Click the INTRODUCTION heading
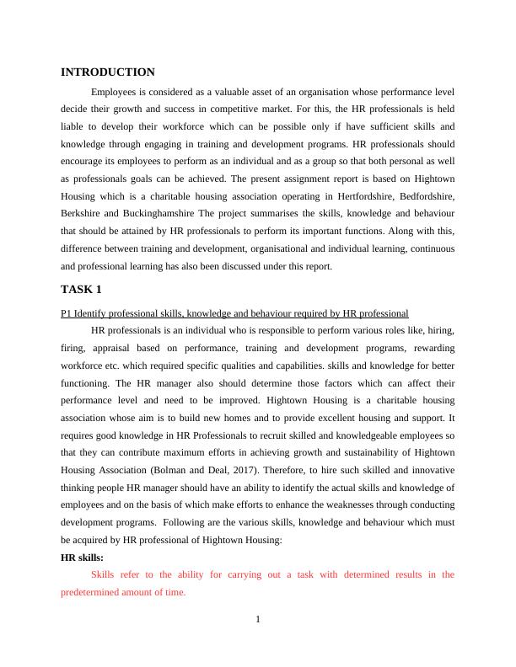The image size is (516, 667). click(x=108, y=72)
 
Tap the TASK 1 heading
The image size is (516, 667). click(x=81, y=290)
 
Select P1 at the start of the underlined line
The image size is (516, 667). click(x=67, y=312)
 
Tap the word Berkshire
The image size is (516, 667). click(x=83, y=214)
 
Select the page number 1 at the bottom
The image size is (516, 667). click(x=258, y=621)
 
